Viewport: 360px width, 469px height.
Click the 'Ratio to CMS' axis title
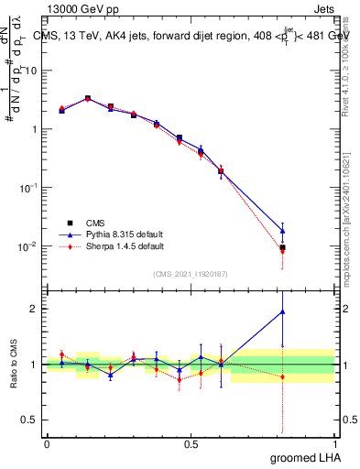pos(13,364)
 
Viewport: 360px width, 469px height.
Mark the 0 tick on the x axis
pos(47,443)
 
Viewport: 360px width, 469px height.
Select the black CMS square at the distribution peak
pos(88,98)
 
